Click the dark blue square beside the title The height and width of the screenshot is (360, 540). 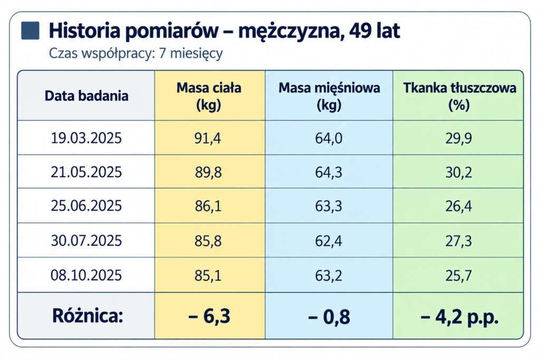[x=30, y=31]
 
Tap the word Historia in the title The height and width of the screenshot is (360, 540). [x=84, y=31]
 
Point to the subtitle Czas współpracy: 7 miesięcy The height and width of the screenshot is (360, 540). [x=136, y=53]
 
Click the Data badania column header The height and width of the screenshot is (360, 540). [x=86, y=96]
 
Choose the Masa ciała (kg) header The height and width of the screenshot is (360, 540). [x=209, y=96]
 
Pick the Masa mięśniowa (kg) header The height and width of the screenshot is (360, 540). [x=329, y=96]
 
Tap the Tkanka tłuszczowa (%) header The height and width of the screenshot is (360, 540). [x=459, y=96]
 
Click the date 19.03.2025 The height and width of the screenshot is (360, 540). [x=86, y=138]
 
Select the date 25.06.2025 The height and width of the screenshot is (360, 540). [x=86, y=206]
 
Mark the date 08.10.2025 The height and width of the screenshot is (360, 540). [x=86, y=276]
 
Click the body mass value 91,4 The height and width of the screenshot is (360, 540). [x=208, y=138]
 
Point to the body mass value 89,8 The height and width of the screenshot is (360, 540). [x=208, y=172]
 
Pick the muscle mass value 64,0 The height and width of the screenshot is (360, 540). [x=329, y=138]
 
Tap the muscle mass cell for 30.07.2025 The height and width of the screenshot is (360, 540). [x=329, y=241]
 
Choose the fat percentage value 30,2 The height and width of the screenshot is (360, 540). [x=458, y=172]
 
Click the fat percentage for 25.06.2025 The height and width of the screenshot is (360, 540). [x=458, y=206]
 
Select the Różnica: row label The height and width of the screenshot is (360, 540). [x=88, y=316]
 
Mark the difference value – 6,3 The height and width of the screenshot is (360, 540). [x=209, y=316]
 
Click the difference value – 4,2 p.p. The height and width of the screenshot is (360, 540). [x=459, y=317]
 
